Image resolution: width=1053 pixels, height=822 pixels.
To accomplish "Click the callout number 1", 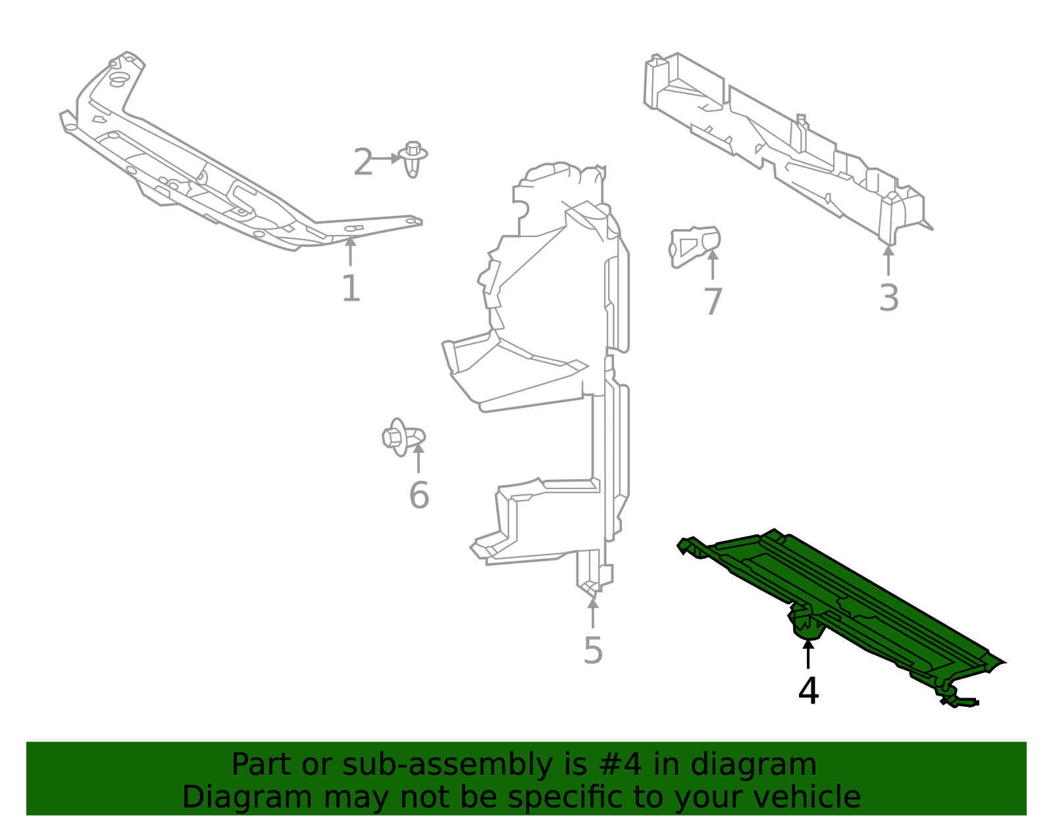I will point(351,289).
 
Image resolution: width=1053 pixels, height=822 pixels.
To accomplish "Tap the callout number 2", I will point(363,163).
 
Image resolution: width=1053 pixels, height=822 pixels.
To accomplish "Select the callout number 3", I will point(888,298).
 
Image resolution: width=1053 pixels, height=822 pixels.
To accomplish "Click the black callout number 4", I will point(808,691).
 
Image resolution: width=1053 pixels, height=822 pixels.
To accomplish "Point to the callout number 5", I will point(593,651).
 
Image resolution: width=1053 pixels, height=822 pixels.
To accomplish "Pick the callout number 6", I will point(419,496).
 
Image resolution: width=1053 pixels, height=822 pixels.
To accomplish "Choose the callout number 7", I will point(713,302).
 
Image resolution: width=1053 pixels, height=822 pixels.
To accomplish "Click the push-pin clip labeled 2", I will point(413,158).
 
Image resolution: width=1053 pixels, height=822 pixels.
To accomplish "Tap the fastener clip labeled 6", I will point(401,437).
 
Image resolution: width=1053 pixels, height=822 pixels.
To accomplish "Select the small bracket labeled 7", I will point(694,245).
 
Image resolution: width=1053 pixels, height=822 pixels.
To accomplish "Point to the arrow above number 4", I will point(808,654).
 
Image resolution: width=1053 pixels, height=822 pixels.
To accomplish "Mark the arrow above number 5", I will point(593,612).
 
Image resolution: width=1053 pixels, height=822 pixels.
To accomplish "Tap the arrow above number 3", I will point(888,259).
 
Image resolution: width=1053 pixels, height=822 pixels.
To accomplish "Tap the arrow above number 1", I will point(351,251).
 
